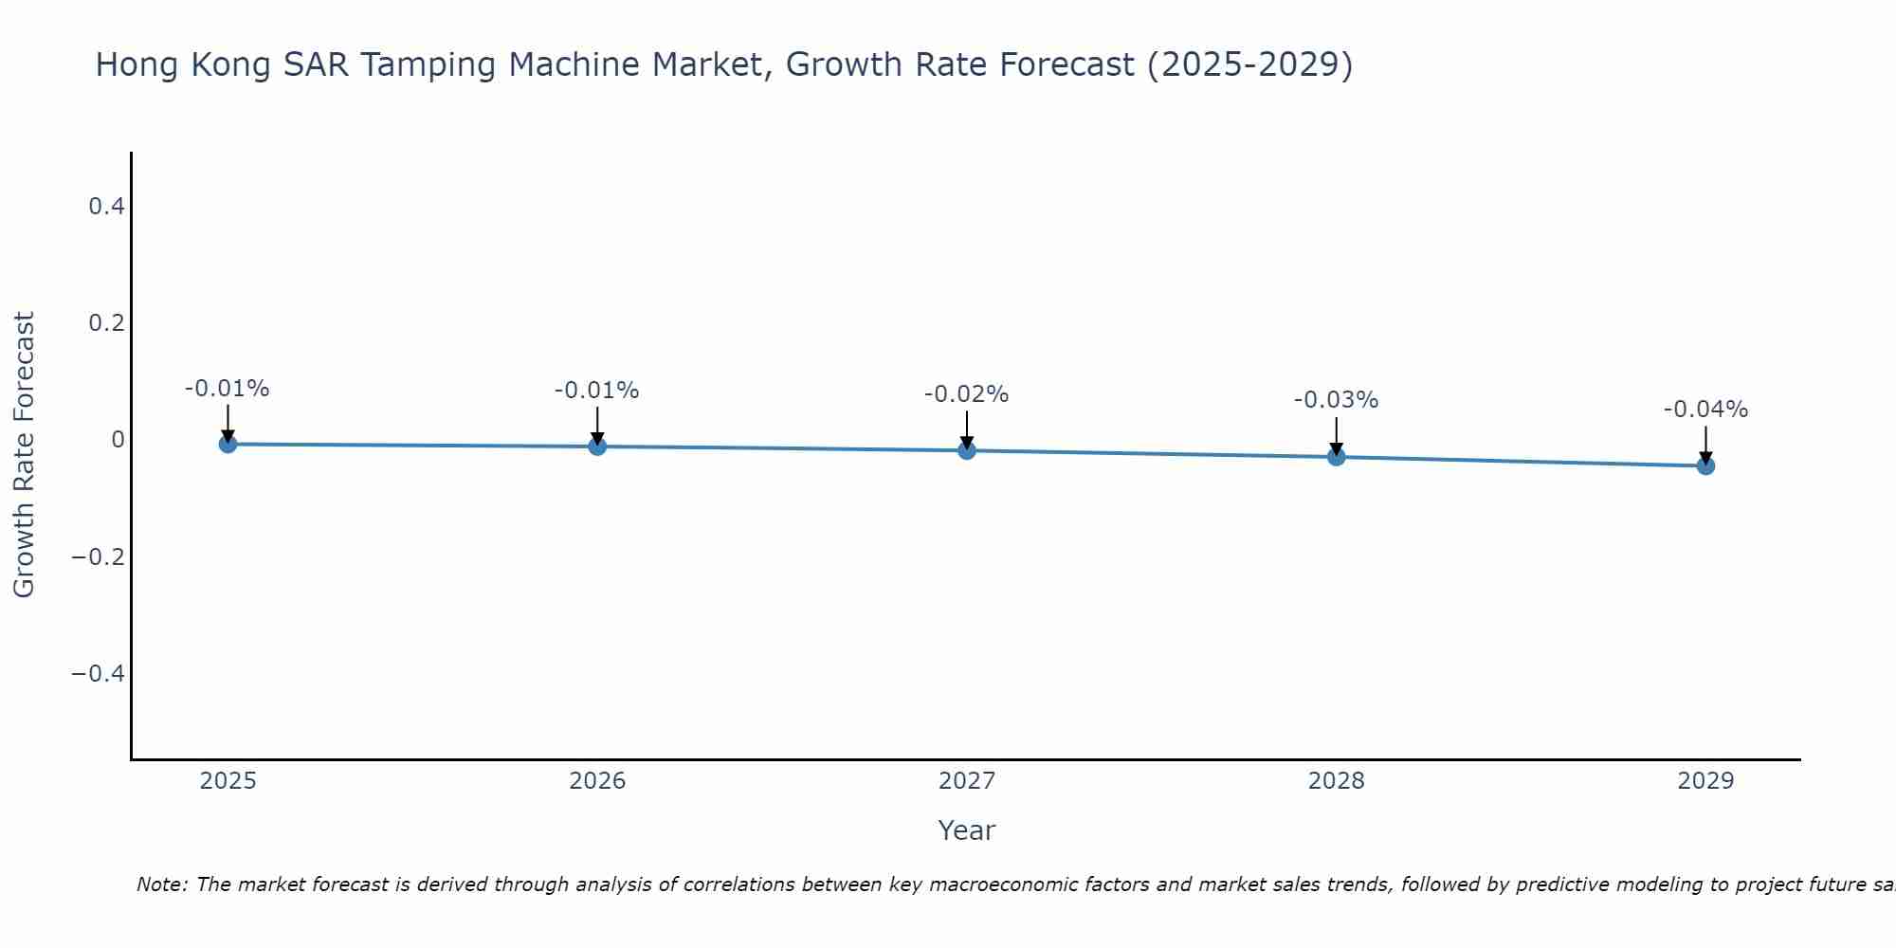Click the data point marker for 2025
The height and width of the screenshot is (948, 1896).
pyautogui.click(x=228, y=444)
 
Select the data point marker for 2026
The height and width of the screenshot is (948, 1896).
pyautogui.click(x=597, y=446)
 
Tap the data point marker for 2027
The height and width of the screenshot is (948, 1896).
pyautogui.click(x=967, y=450)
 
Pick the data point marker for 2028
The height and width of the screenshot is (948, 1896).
pyautogui.click(x=1337, y=457)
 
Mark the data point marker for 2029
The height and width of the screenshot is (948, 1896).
pyautogui.click(x=1705, y=465)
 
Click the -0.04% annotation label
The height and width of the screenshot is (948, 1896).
pyautogui.click(x=1705, y=410)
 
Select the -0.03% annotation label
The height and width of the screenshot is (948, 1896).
pyautogui.click(x=1336, y=400)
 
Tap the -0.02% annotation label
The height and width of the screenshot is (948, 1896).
pyautogui.click(x=966, y=394)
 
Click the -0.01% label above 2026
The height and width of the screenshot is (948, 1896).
pyautogui.click(x=596, y=391)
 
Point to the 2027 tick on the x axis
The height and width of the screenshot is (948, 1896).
pyautogui.click(x=967, y=781)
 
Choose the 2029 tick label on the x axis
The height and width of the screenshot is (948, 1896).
pyautogui.click(x=1705, y=781)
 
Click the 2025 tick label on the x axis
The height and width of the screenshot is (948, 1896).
pyautogui.click(x=228, y=781)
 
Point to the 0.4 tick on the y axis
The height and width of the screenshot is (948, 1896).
pyautogui.click(x=106, y=206)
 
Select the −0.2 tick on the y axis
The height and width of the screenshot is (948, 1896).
pyautogui.click(x=99, y=556)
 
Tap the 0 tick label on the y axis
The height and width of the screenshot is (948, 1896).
pyautogui.click(x=118, y=440)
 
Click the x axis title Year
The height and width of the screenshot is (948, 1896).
pyautogui.click(x=966, y=830)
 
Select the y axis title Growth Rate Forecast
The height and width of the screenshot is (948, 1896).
pyautogui.click(x=24, y=455)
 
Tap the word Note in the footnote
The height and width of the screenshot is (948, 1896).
pyautogui.click(x=161, y=884)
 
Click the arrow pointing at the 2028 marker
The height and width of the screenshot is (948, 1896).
pyautogui.click(x=1337, y=436)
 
